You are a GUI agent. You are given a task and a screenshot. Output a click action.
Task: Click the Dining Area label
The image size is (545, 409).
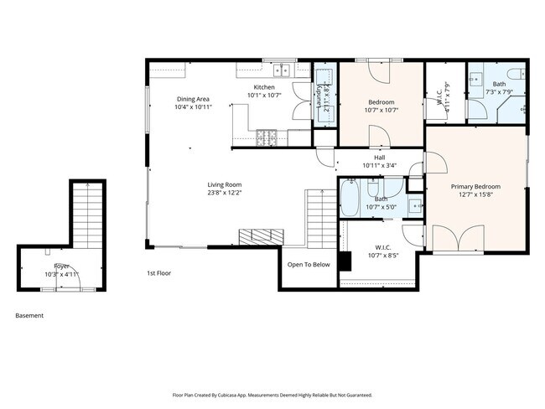[x=194, y=98]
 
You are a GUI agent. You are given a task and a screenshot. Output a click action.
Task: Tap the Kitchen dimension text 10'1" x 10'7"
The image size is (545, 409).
[x=264, y=96]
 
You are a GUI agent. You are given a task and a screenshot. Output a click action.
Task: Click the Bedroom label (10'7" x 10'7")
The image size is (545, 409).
[x=381, y=101]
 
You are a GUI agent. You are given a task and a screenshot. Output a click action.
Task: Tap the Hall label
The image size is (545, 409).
[x=379, y=157]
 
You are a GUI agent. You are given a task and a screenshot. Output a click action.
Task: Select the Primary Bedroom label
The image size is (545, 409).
[x=475, y=186]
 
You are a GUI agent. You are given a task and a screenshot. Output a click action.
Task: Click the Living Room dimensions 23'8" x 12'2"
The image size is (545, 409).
[x=225, y=193]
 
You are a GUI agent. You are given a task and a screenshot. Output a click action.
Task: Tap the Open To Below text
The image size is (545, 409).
[x=309, y=265]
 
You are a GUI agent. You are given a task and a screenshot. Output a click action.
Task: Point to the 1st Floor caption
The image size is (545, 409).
[x=159, y=273]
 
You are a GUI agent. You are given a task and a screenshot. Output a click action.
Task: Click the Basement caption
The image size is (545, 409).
[x=29, y=316]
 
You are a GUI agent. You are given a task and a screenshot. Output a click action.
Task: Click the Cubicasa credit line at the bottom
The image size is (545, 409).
[x=272, y=395]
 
